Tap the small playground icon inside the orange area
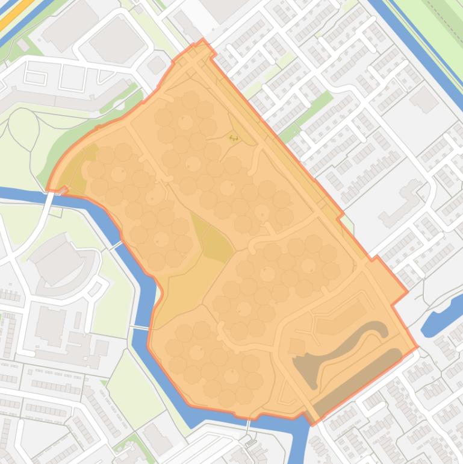[x=234, y=138]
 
